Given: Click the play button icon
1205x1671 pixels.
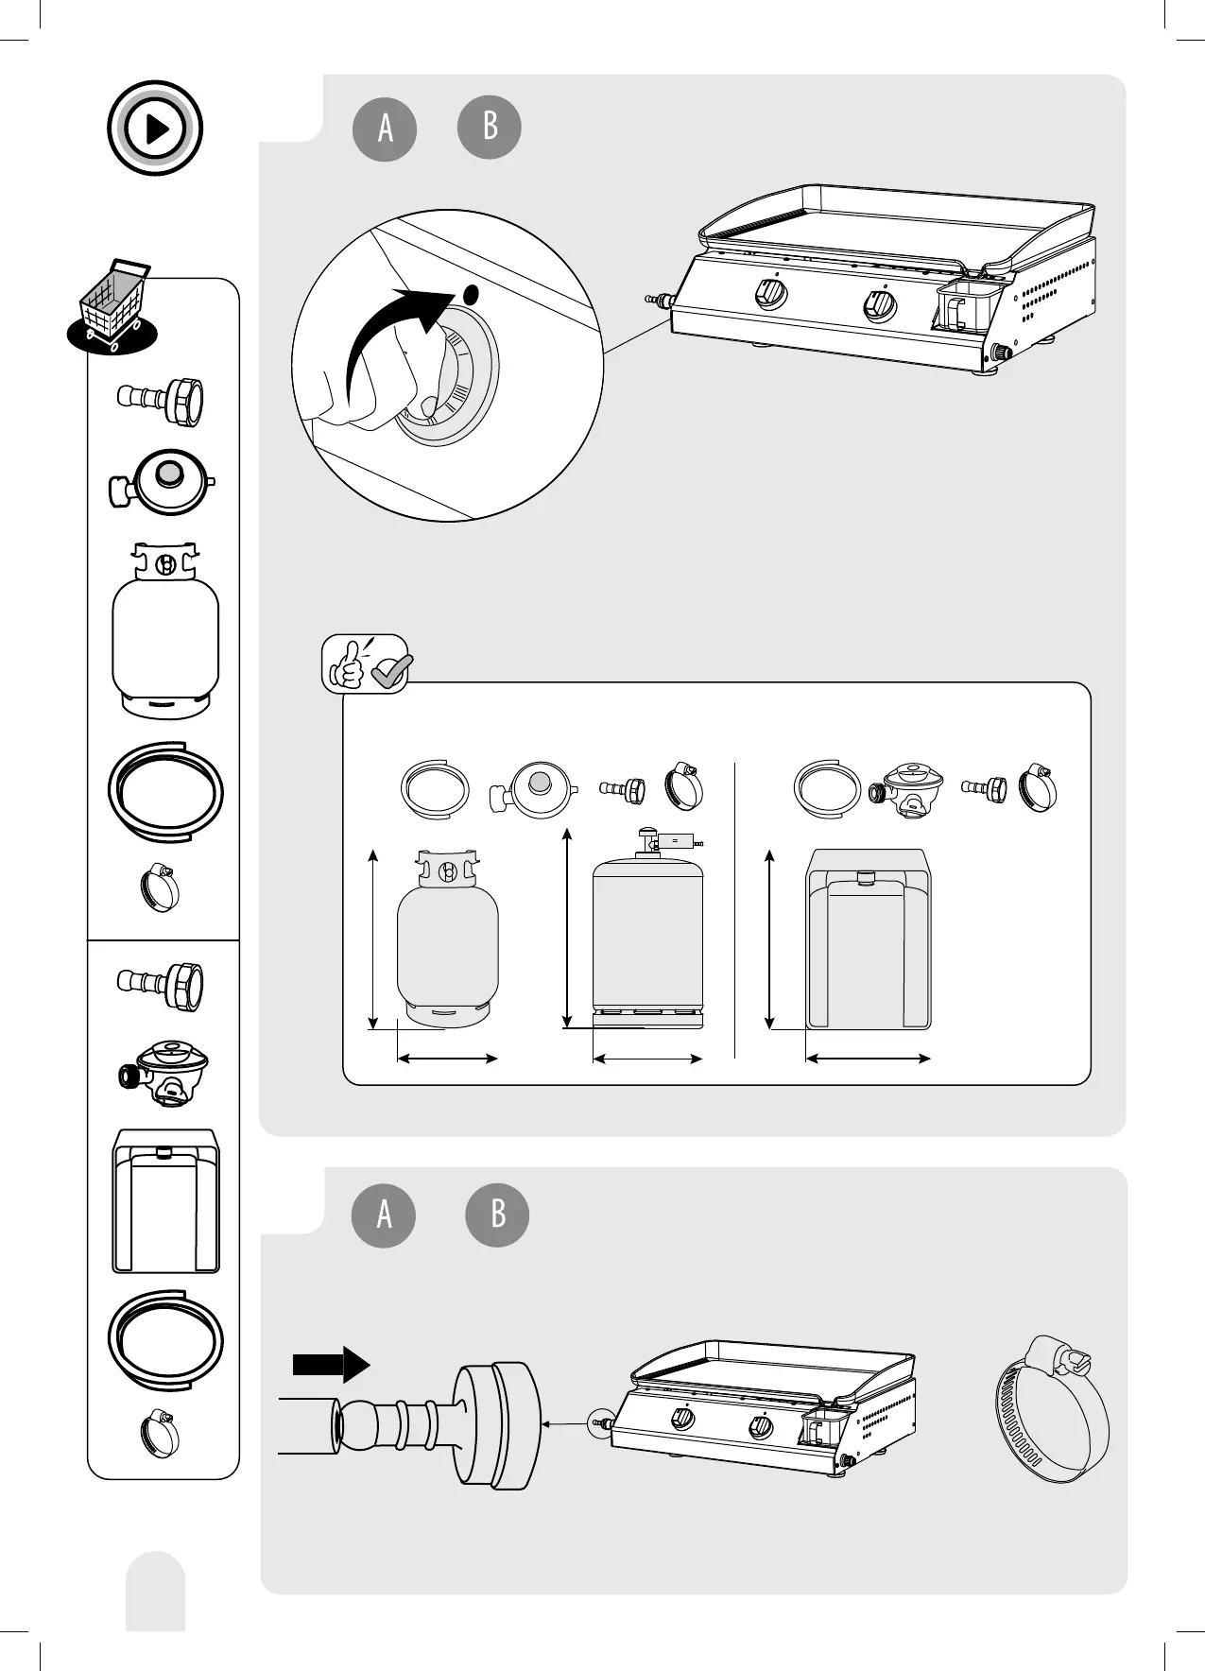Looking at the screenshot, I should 155,128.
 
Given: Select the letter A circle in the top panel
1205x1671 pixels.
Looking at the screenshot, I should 385,128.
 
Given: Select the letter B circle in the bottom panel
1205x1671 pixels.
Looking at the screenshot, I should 497,1214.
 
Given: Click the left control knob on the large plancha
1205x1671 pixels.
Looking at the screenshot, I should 771,295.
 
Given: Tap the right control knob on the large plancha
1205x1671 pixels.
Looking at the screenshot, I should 881,305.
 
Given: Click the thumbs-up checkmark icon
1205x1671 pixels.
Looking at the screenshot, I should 366,663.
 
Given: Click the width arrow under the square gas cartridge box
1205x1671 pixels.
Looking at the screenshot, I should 868,1059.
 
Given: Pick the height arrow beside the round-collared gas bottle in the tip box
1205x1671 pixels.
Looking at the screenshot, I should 374,939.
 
